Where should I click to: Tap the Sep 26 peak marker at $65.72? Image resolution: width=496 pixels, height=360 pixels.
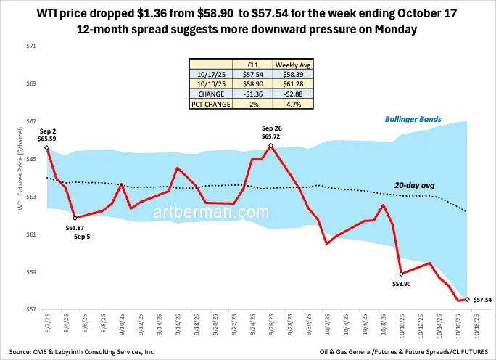270,145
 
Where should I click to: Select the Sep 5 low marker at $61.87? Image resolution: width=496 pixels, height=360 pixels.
75,218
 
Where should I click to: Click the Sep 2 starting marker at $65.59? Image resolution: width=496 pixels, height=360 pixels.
47,147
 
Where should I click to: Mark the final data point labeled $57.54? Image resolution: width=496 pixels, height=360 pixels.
467,299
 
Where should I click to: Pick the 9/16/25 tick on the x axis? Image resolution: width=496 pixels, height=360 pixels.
178,324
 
